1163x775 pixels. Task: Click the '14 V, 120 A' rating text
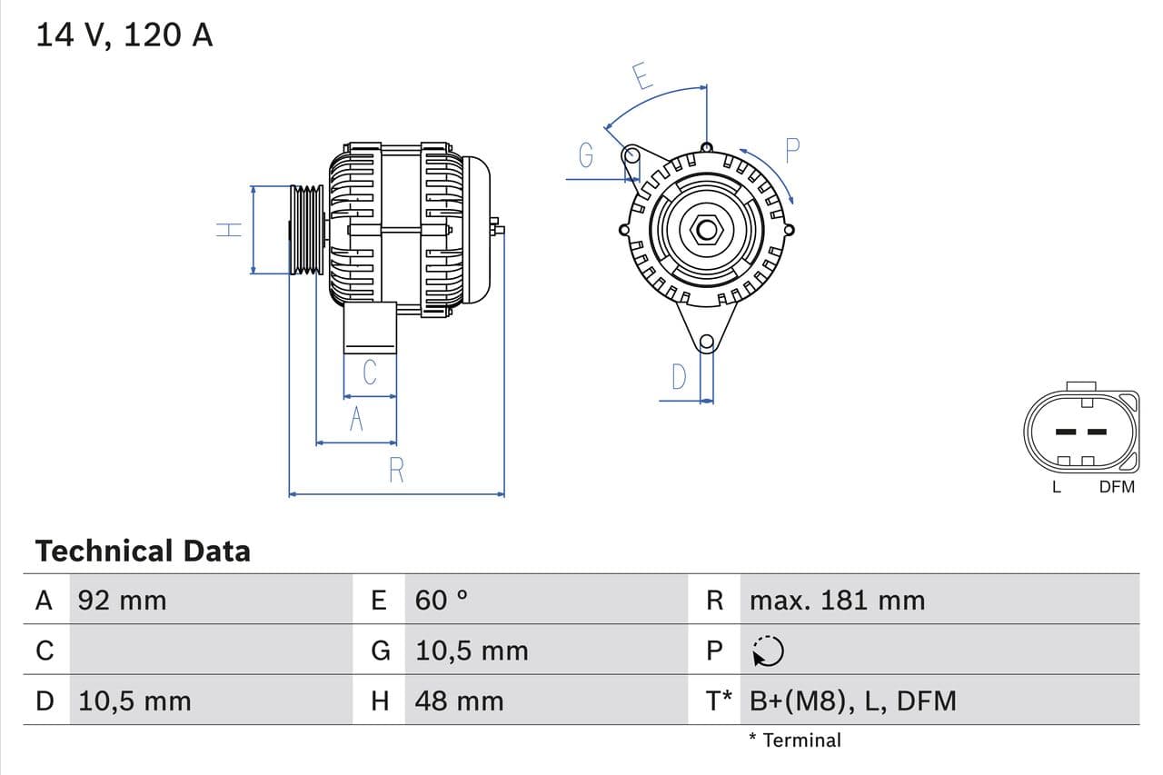pyautogui.click(x=124, y=35)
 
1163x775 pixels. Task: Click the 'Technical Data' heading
pyautogui.click(x=143, y=551)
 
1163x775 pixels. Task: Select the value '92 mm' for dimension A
pyautogui.click(x=123, y=600)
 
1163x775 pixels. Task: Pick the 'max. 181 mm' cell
pyautogui.click(x=837, y=600)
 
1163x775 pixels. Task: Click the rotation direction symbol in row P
pyautogui.click(x=769, y=651)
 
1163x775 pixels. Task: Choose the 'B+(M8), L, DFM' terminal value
pyautogui.click(x=853, y=700)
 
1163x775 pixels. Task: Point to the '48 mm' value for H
pyautogui.click(x=459, y=700)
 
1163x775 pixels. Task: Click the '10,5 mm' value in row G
pyautogui.click(x=472, y=651)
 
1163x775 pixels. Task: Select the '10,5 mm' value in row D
pyautogui.click(x=134, y=700)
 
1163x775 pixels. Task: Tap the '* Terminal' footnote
pyautogui.click(x=795, y=740)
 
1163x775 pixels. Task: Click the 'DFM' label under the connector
pyautogui.click(x=1117, y=486)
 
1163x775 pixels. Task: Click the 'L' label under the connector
pyautogui.click(x=1056, y=486)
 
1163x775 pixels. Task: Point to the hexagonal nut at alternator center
pyautogui.click(x=707, y=229)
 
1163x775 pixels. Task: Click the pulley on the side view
pyautogui.click(x=306, y=229)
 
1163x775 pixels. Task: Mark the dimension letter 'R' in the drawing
pyautogui.click(x=396, y=471)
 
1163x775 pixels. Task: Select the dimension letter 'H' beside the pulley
pyautogui.click(x=231, y=229)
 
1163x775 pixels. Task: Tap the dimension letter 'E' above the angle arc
pyautogui.click(x=642, y=76)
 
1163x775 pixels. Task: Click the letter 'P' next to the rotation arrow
pyautogui.click(x=792, y=150)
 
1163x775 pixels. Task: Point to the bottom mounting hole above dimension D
pyautogui.click(x=707, y=343)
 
